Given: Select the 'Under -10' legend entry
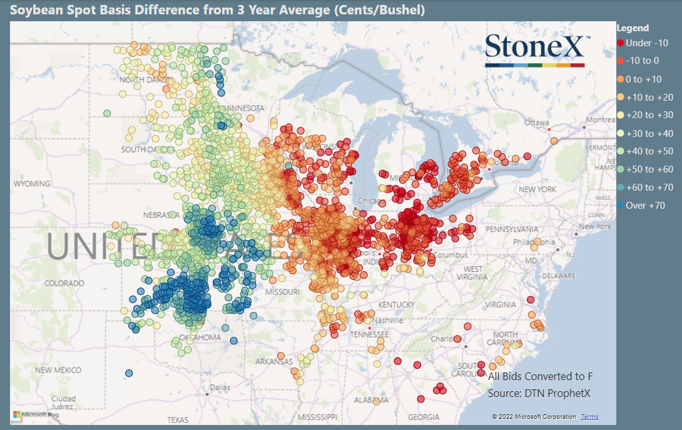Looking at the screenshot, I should [646, 42].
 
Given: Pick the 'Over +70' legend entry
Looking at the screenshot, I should [645, 205].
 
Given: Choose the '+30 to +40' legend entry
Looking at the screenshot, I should [649, 133].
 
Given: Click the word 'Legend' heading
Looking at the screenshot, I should [633, 28].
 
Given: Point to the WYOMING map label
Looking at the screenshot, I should [31, 184].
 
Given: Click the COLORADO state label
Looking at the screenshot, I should [64, 283].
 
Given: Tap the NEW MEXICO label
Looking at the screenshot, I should [58, 370].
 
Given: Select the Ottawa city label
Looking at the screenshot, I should [536, 122].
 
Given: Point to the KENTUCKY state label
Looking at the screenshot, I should [396, 304].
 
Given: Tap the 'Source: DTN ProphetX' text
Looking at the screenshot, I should [539, 393].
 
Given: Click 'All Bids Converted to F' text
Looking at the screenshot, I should [539, 376].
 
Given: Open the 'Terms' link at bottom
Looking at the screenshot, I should [589, 417].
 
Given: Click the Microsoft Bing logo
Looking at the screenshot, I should [36, 414].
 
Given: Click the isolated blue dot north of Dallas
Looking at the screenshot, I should [129, 373].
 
